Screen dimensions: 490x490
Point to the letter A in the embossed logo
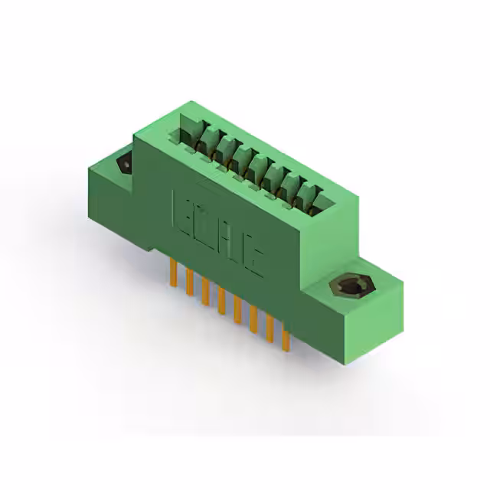tap(230, 247)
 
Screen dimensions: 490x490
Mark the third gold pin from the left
tap(205, 292)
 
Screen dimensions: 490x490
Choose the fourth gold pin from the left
tap(220, 302)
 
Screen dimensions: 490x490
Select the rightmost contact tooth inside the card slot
tap(315, 194)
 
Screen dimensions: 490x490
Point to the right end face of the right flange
tap(375, 322)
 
